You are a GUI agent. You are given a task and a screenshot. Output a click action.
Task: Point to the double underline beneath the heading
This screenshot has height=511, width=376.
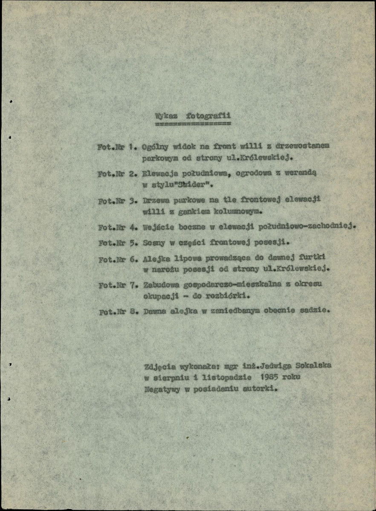193,124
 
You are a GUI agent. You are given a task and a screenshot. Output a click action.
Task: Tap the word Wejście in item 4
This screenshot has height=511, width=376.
159,227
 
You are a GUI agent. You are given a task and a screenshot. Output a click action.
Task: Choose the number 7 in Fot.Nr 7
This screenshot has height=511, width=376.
133,285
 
